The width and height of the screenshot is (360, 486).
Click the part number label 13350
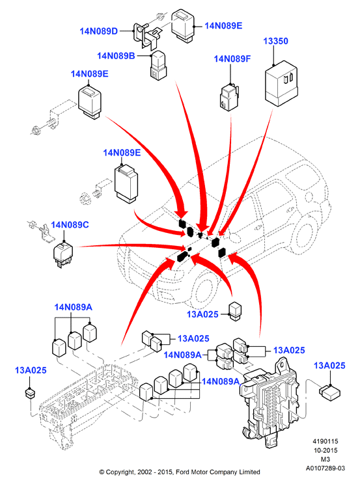tap(275, 41)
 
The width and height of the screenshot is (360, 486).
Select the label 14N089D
tap(98, 31)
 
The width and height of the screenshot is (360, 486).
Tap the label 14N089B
tap(116, 56)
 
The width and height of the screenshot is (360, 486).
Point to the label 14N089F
tap(232, 59)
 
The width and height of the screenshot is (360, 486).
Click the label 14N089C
tap(70, 224)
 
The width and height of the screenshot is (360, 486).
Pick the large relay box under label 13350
tap(281, 83)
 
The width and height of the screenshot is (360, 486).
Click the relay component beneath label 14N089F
tap(229, 97)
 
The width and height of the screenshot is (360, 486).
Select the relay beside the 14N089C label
tap(63, 254)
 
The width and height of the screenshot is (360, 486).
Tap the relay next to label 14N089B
tap(158, 66)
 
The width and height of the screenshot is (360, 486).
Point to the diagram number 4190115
tap(325, 441)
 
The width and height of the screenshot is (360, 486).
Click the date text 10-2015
tap(325, 450)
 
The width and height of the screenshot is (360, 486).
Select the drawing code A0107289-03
tap(325, 468)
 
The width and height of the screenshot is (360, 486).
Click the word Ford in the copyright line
tap(182, 472)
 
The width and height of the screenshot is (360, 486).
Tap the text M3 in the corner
tap(325, 459)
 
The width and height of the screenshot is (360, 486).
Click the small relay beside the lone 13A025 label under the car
tap(235, 311)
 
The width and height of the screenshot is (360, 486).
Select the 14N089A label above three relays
tap(73, 307)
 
